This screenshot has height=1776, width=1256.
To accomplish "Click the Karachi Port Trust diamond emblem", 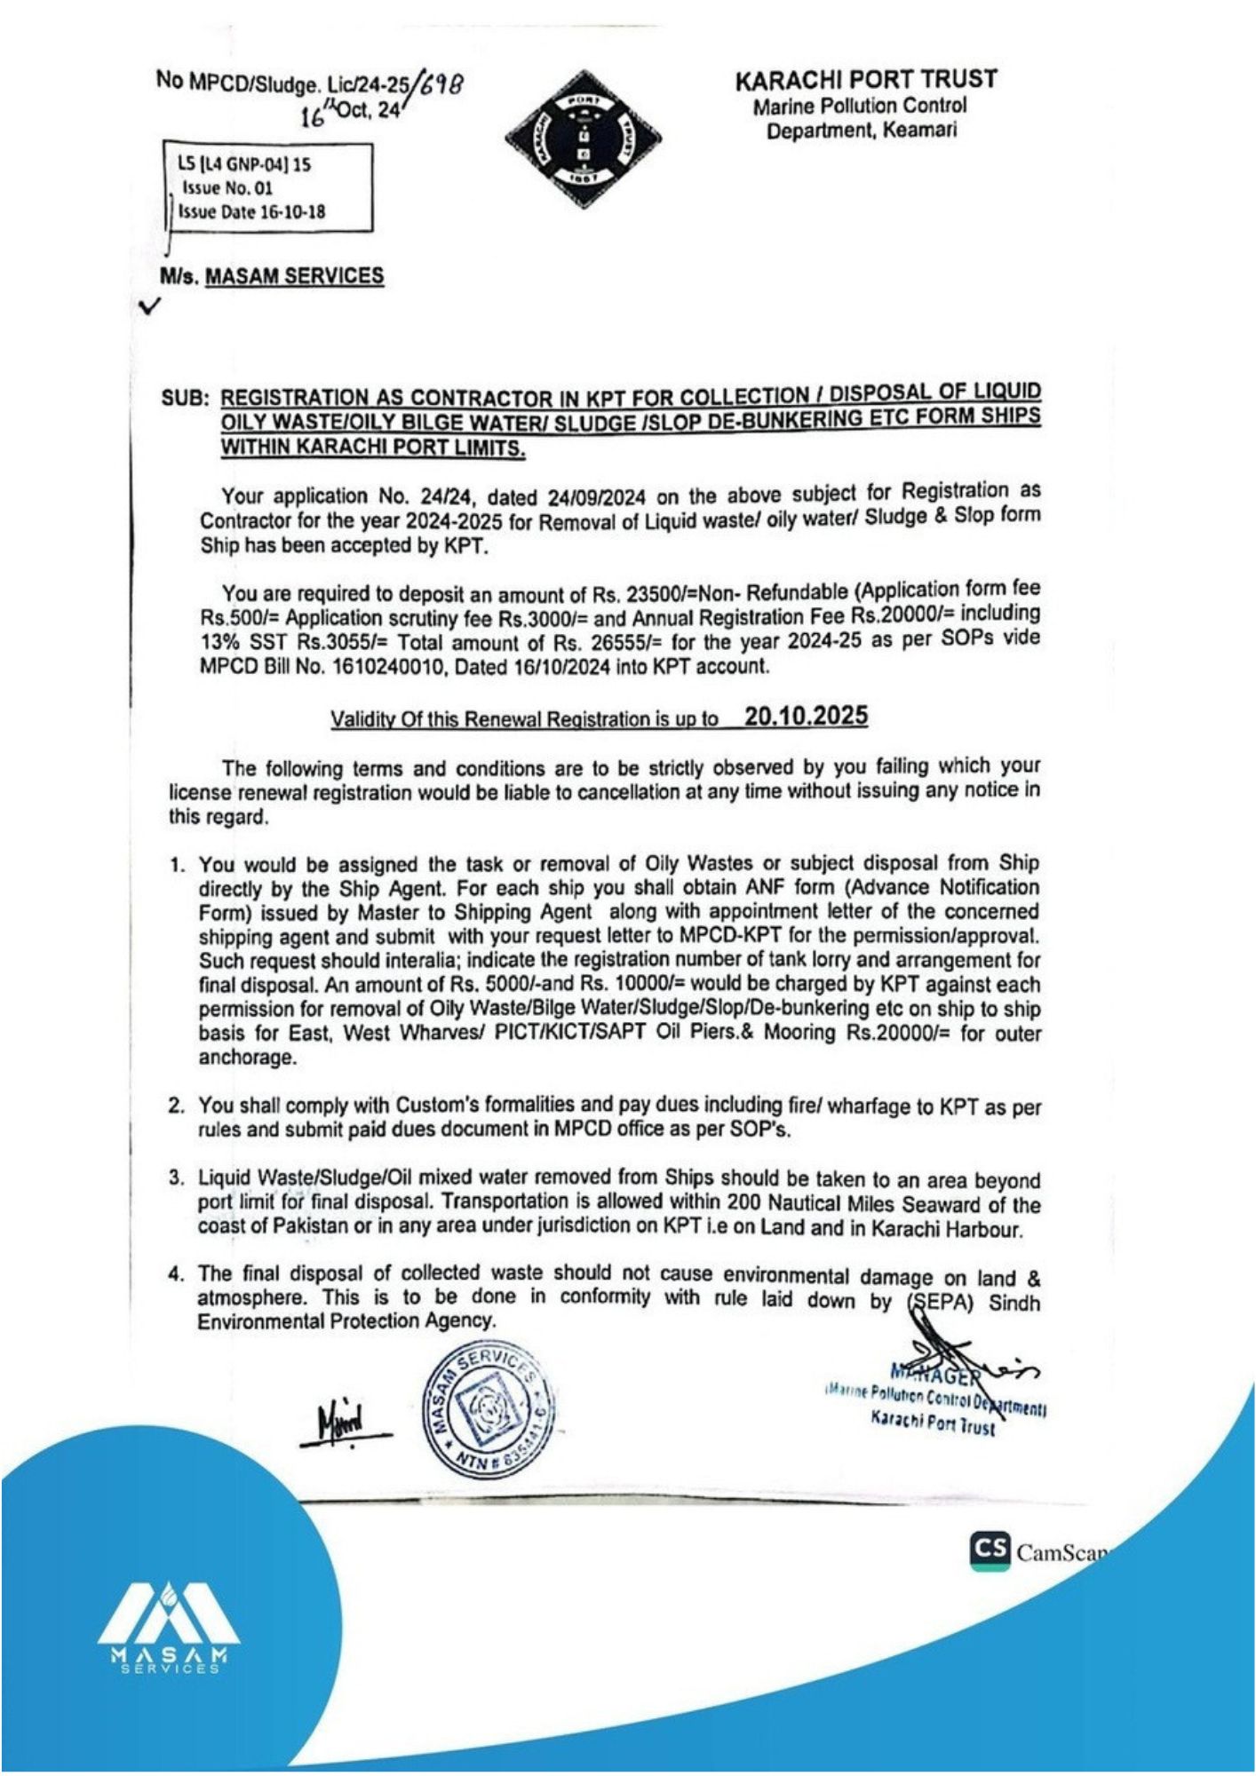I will click(x=583, y=139).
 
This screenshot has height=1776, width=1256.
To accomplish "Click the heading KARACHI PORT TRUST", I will click(x=865, y=80).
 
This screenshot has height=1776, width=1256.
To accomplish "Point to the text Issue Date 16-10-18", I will click(x=251, y=212).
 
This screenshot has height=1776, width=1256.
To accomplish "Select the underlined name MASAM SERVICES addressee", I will click(x=294, y=276).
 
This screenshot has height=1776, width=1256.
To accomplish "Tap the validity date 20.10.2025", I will click(x=806, y=717).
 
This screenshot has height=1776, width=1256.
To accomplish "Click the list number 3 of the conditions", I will click(x=176, y=1178).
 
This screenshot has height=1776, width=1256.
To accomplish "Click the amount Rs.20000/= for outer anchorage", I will click(x=901, y=1034).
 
